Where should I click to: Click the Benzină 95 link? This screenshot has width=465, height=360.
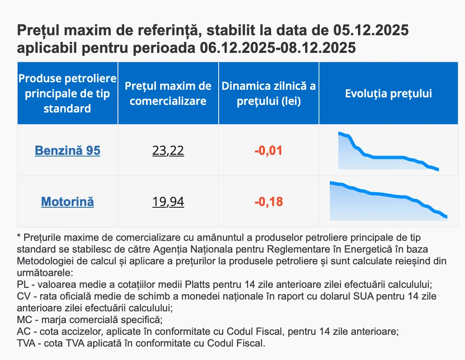pyautogui.click(x=68, y=150)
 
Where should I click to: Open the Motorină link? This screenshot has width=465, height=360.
pyautogui.click(x=68, y=202)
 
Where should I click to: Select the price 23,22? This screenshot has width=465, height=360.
pyautogui.click(x=168, y=150)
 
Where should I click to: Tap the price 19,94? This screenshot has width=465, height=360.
pyautogui.click(x=168, y=202)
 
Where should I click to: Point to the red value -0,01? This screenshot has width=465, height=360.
pyautogui.click(x=269, y=150)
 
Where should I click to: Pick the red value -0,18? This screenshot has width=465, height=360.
pyautogui.click(x=269, y=202)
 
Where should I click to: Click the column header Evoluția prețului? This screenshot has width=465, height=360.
pyautogui.click(x=388, y=93)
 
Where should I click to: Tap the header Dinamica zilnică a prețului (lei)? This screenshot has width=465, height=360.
pyautogui.click(x=269, y=93)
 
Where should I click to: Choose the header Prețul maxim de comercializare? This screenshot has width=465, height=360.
pyautogui.click(x=168, y=93)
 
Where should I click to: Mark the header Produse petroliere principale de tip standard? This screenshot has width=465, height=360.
pyautogui.click(x=68, y=93)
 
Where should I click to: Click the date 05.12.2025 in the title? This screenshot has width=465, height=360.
pyautogui.click(x=371, y=31)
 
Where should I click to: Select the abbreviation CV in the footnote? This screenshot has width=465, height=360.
pyautogui.click(x=24, y=296)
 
